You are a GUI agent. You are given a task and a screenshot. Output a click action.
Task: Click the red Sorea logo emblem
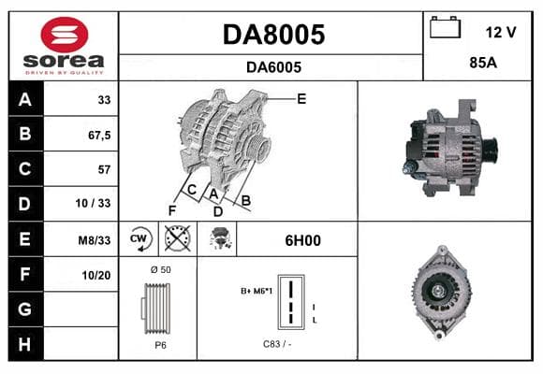point(65,35)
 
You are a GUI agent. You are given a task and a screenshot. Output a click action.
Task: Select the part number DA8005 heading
point(273,35)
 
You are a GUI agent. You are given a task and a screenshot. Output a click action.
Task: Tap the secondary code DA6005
point(273,67)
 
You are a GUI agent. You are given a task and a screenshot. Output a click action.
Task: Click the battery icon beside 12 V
point(445,28)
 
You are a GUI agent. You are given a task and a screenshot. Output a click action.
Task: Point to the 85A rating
point(483,63)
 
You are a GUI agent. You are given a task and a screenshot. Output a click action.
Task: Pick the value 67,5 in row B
point(99,136)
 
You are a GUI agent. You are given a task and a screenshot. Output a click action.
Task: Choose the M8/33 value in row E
point(95,240)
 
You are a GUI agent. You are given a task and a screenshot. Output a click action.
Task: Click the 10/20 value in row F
point(96,276)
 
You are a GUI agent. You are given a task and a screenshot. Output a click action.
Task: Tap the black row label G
point(25,309)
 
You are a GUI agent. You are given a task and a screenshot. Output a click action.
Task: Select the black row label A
point(25,99)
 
